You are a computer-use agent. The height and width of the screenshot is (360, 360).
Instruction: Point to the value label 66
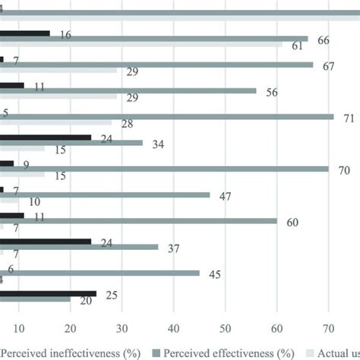[x=323, y=39]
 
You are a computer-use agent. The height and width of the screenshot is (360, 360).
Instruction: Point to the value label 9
[x=27, y=163]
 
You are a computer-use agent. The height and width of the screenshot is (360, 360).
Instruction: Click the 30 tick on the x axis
[x=122, y=329]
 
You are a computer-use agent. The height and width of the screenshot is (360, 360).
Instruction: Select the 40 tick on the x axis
[x=174, y=329]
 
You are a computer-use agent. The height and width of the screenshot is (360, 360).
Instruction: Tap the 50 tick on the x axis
[x=226, y=329]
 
